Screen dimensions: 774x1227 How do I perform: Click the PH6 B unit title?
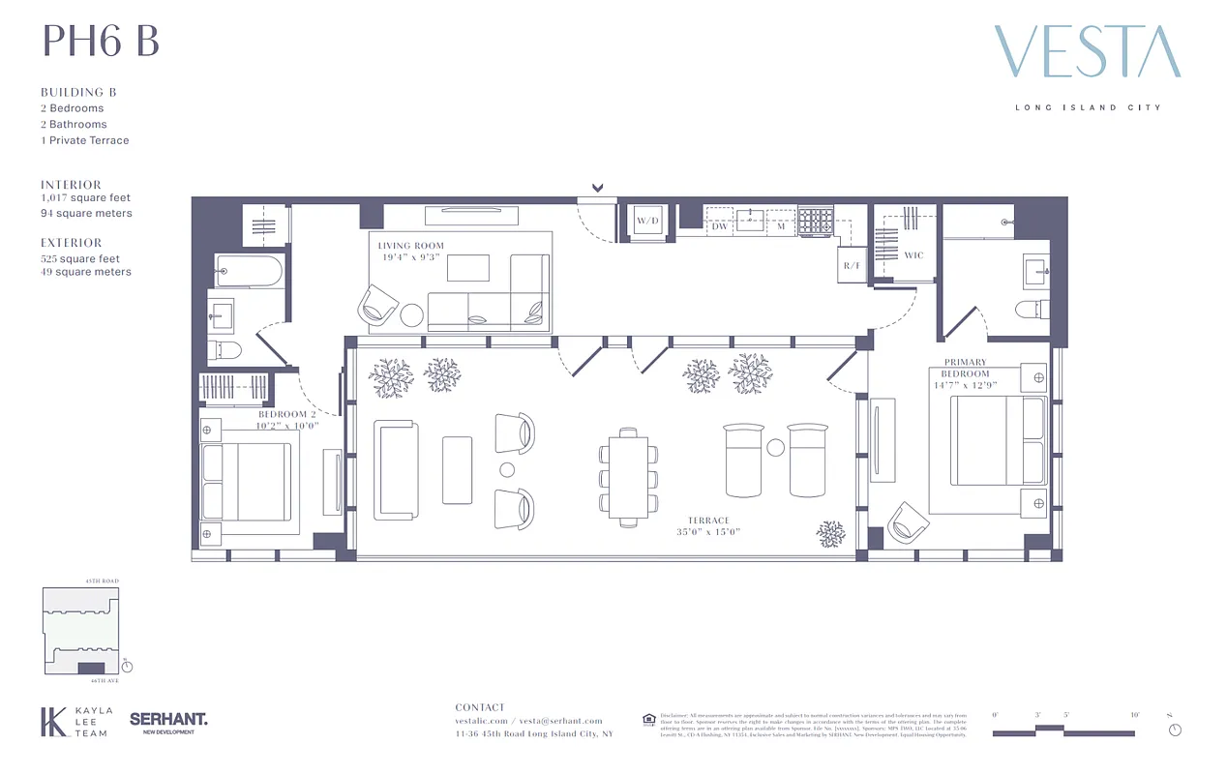(x=100, y=42)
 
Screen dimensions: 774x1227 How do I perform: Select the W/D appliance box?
(x=647, y=222)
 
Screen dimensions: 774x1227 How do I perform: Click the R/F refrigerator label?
(x=852, y=264)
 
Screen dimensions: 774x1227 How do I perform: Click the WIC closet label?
(x=913, y=256)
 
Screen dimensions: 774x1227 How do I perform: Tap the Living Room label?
(x=410, y=246)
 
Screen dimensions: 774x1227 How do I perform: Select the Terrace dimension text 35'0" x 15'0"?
(x=708, y=531)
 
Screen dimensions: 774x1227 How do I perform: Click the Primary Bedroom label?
(x=966, y=368)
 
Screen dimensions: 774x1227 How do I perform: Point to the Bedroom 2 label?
(x=287, y=414)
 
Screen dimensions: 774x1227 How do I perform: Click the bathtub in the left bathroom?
(x=249, y=272)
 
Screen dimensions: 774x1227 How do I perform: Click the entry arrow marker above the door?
(x=598, y=188)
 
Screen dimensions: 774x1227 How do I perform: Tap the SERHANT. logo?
(x=168, y=720)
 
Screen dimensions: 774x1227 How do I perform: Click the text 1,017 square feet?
(x=85, y=198)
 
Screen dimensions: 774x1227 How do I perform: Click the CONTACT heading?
(x=480, y=707)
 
